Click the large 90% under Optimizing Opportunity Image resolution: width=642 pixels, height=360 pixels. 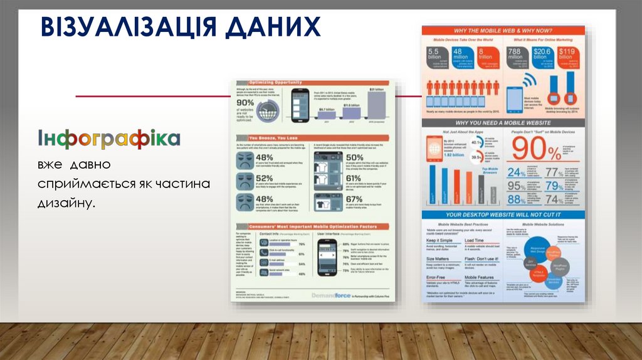click(x=245, y=103)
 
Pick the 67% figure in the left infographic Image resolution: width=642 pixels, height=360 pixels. click(x=354, y=200)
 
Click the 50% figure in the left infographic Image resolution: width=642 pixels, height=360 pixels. click(x=354, y=157)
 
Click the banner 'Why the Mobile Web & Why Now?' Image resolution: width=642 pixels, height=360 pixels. click(x=503, y=30)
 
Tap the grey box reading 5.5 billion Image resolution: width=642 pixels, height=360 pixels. click(x=435, y=57)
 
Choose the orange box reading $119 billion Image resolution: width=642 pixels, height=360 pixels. click(x=566, y=57)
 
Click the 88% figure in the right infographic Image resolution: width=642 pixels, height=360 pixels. click(x=516, y=199)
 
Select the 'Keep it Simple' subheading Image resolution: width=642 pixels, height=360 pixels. click(x=439, y=241)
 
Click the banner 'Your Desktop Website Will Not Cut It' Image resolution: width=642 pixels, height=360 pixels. click(x=503, y=214)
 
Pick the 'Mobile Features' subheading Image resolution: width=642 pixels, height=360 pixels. click(x=478, y=277)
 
